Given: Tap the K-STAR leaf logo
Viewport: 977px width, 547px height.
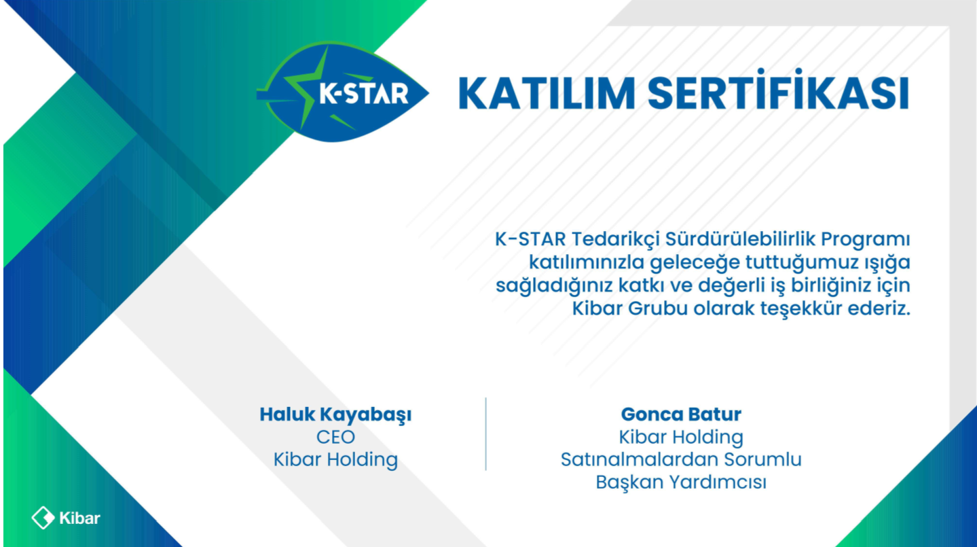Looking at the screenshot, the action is (342, 92).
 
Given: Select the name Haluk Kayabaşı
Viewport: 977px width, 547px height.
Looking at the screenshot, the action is (335, 414).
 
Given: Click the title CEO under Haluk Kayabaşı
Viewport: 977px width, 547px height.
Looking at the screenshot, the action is (335, 437).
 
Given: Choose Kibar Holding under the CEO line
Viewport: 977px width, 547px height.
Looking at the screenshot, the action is (335, 460).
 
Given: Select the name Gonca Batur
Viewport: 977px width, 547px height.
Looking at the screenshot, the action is (681, 414).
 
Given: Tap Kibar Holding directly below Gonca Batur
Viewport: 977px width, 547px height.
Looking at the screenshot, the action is (681, 437).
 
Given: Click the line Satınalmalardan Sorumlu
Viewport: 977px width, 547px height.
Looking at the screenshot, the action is (681, 460).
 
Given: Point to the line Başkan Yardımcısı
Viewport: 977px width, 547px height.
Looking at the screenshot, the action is (681, 482).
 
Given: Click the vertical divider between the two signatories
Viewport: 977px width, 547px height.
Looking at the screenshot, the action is (486, 434).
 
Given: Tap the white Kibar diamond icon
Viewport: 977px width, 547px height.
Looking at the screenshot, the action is (43, 518).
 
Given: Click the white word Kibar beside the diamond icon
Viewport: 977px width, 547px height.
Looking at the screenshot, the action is (80, 518).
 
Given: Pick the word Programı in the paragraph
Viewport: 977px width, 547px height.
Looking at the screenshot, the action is (866, 240).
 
